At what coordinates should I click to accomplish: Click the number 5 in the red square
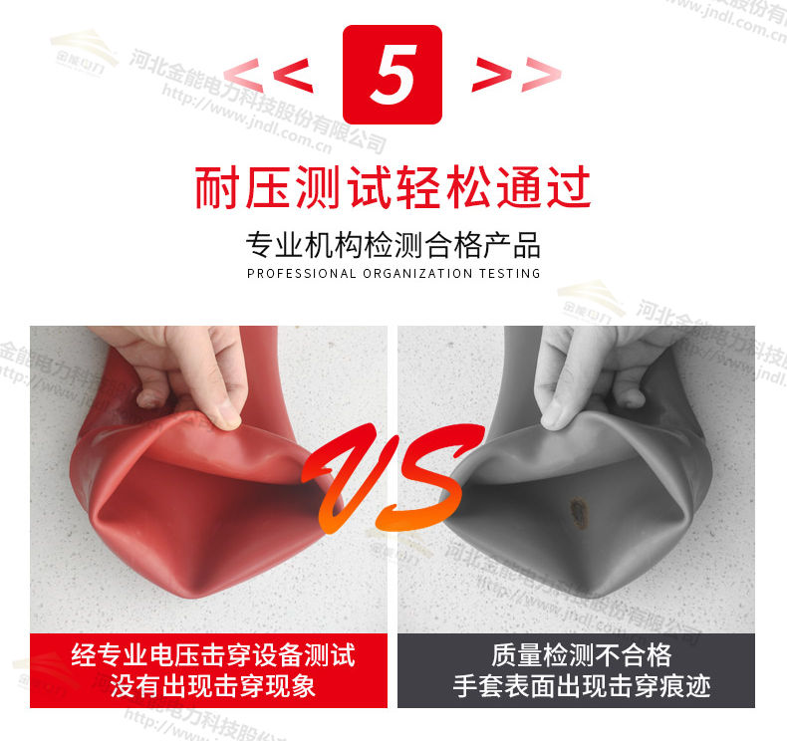point(393,74)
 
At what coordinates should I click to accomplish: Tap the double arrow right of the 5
point(516,74)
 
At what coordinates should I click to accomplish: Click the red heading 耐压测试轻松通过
point(393,186)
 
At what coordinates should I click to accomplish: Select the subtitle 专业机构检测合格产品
point(393,244)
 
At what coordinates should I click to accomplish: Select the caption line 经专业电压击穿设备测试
point(213,655)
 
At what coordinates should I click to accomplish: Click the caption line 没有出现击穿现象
point(213,686)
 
